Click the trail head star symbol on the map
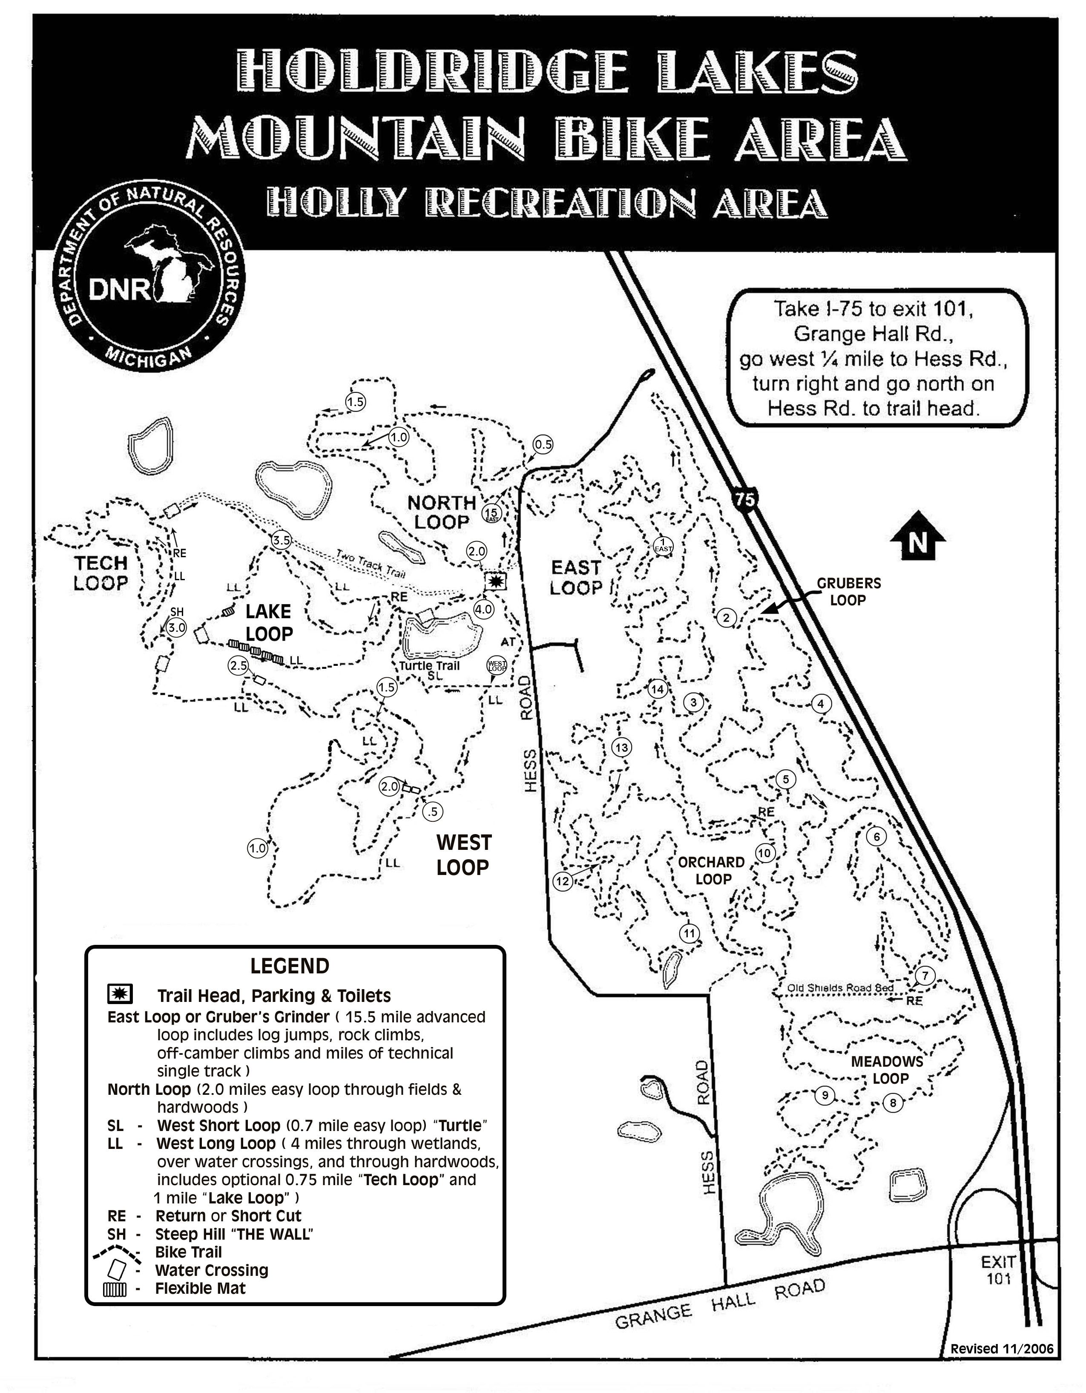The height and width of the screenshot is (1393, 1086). (x=495, y=581)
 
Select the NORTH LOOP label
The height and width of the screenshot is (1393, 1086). (x=442, y=512)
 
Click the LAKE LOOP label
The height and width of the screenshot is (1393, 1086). (x=268, y=622)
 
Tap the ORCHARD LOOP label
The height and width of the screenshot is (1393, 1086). (x=711, y=870)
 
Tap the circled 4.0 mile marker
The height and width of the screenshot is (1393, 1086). (x=484, y=609)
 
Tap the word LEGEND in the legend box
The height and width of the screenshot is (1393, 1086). (x=290, y=966)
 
